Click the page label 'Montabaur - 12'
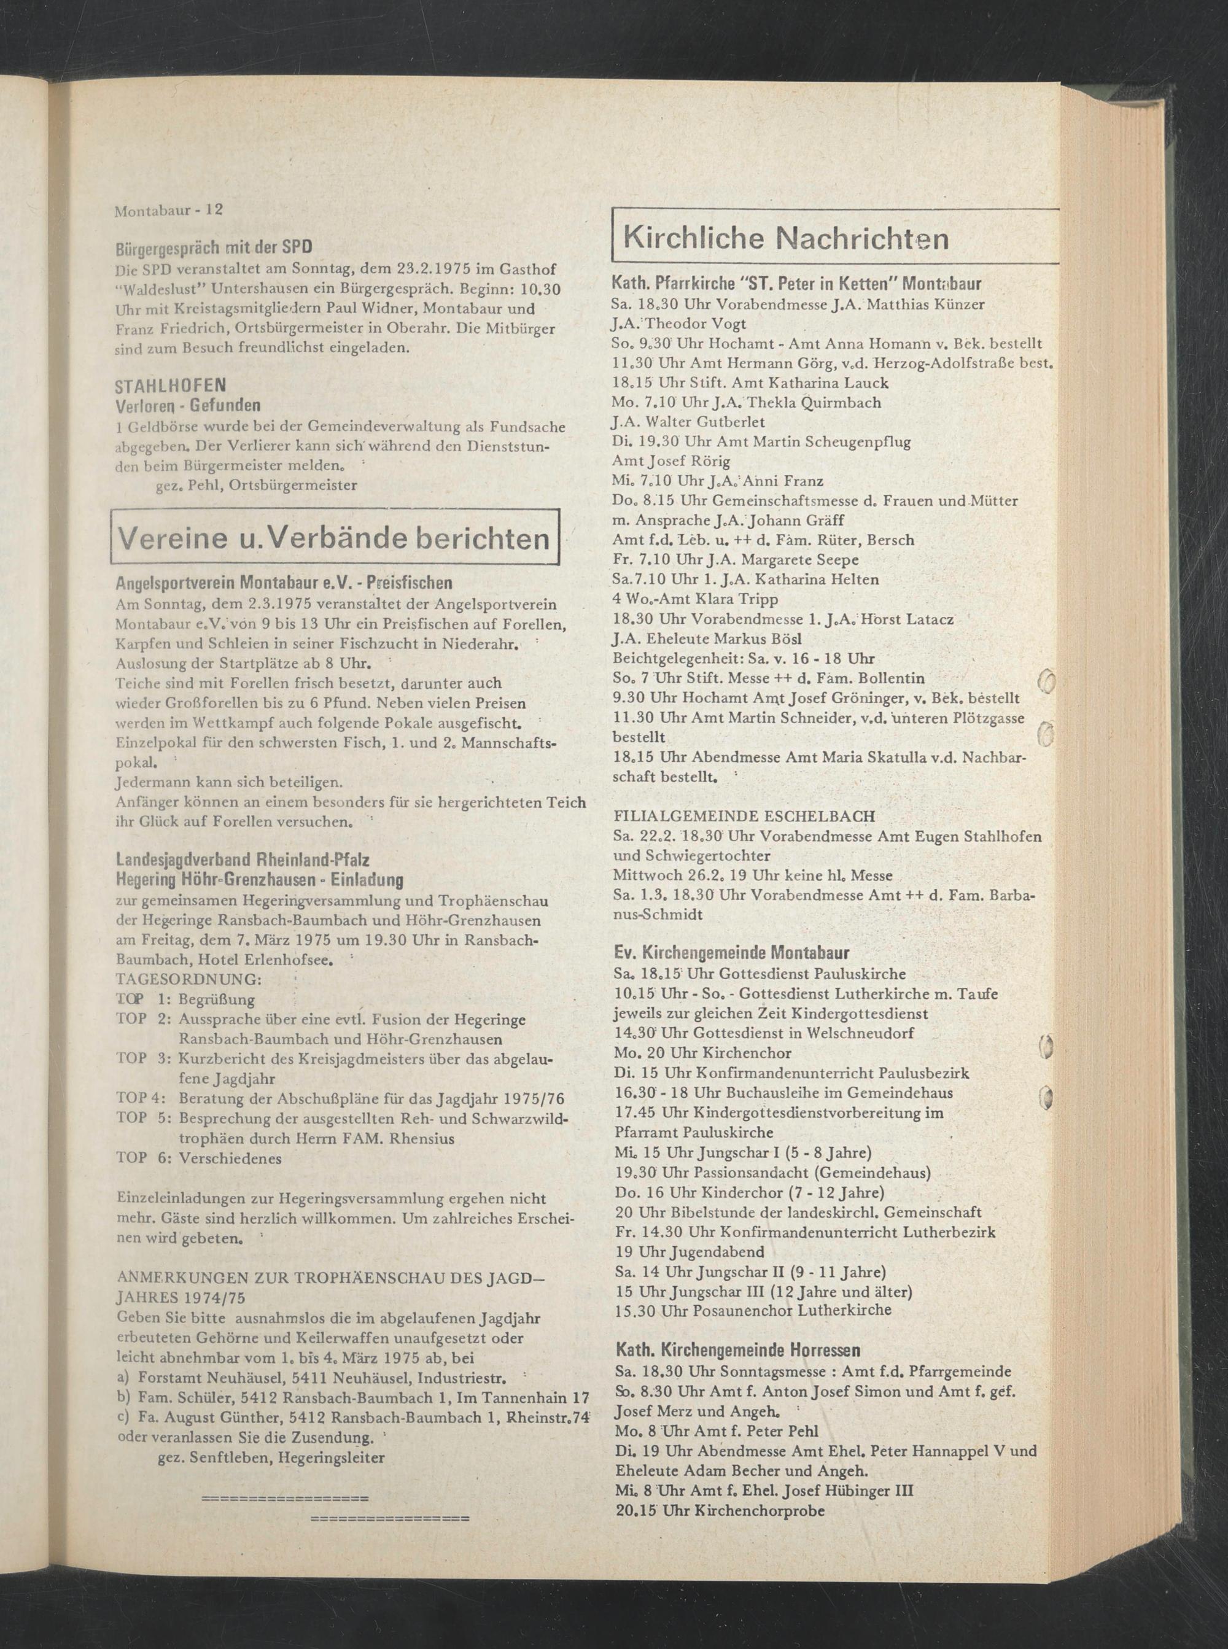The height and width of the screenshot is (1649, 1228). pos(169,211)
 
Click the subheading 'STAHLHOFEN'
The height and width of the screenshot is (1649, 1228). pos(171,386)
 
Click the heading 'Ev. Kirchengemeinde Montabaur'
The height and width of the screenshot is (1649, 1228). pos(732,953)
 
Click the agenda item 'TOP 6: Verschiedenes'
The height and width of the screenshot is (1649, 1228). pos(199,1158)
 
